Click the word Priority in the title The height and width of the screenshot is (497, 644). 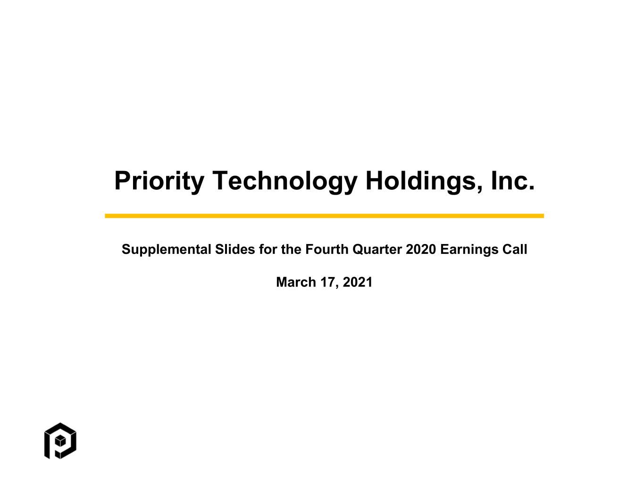point(159,181)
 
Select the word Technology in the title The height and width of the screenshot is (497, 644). point(285,181)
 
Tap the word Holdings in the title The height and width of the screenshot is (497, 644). point(421,181)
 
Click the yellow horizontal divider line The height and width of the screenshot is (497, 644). point(324,216)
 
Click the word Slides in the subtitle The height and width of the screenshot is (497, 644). point(235,249)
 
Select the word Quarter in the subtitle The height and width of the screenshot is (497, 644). point(377,249)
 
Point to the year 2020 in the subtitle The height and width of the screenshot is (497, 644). point(420,249)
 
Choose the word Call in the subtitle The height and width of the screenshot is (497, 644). point(514,249)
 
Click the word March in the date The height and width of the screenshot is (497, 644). point(296,282)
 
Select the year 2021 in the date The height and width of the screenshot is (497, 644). point(358,282)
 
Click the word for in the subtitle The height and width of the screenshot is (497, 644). point(268,249)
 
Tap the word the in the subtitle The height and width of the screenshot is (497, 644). point(291,249)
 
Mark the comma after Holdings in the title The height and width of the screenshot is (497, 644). point(479,189)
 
